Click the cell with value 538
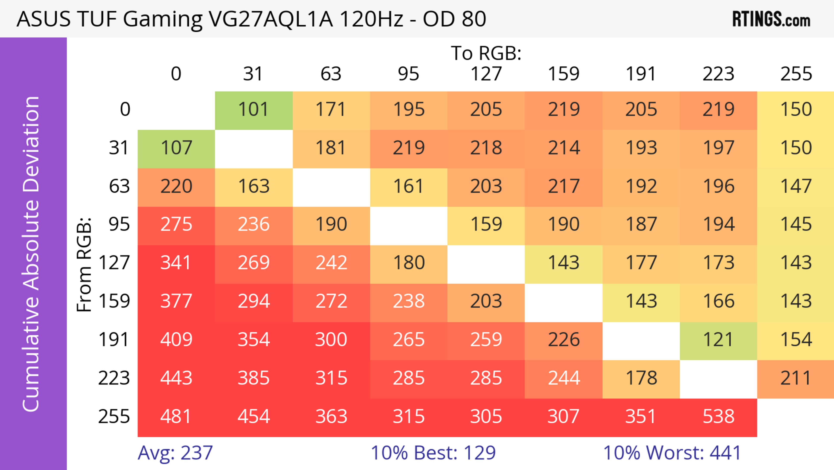718,417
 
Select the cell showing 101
253,110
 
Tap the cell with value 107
176,148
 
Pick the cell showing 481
176,417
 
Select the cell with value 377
176,301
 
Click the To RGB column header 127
486,74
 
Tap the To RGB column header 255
796,74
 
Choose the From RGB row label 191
114,340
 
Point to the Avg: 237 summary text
175,453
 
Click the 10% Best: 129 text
433,453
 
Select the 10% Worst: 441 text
672,453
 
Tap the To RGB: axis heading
486,53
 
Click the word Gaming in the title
162,19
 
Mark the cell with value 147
796,186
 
